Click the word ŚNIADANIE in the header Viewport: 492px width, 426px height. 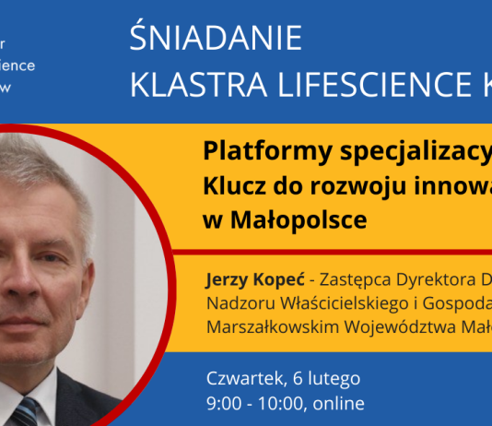pos(217,39)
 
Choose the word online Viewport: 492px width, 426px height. pos(340,403)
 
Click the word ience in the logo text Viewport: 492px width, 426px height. pos(19,66)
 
